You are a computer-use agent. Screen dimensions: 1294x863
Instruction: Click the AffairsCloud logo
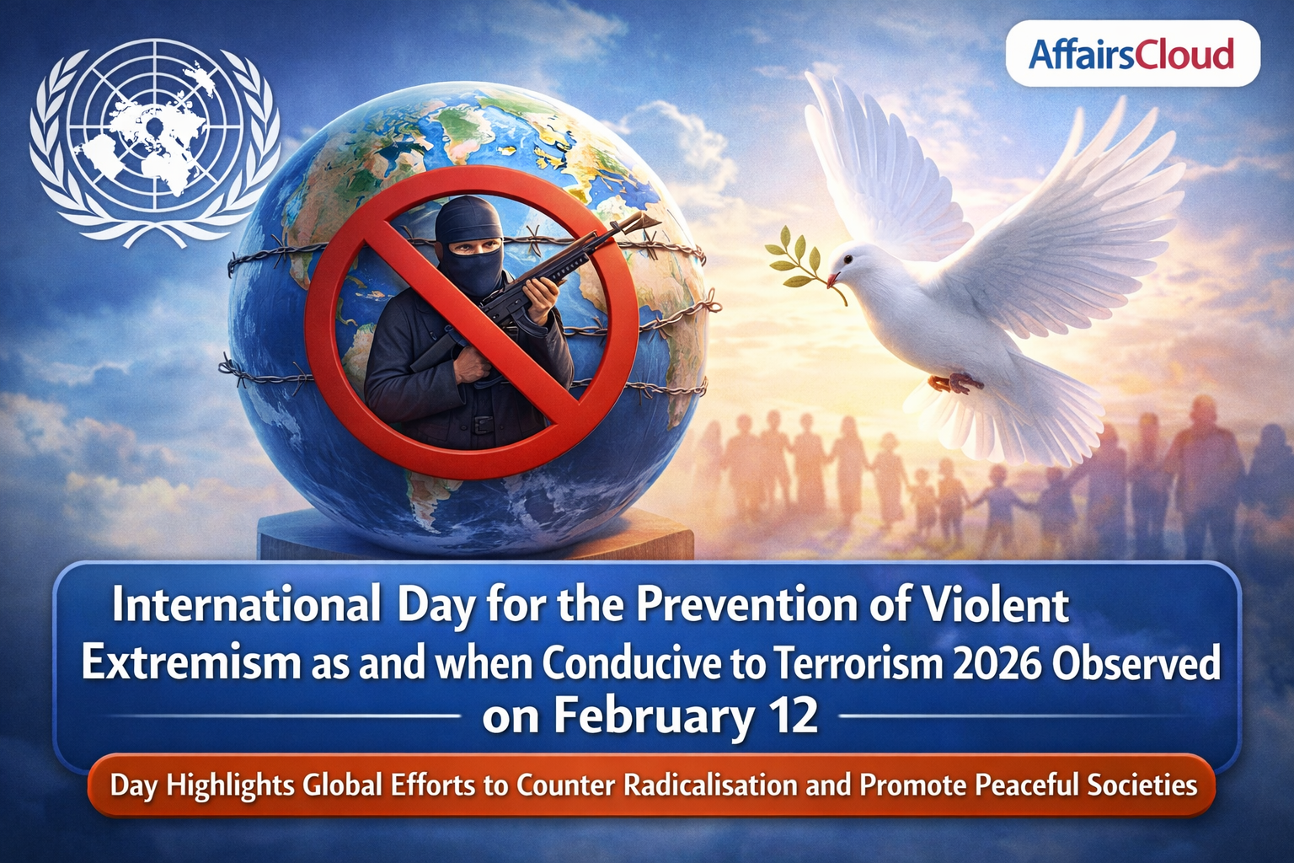click(1131, 54)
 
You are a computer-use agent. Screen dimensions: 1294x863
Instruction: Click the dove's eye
click(848, 259)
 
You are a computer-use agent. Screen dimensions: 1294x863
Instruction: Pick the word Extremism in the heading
click(190, 663)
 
